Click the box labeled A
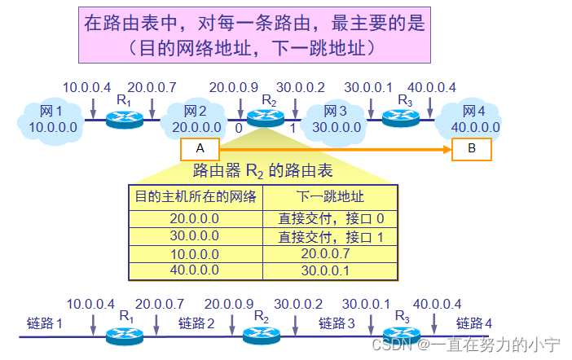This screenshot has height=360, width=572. pyautogui.click(x=200, y=148)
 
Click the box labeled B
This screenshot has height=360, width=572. pyautogui.click(x=472, y=148)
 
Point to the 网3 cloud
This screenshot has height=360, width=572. pyautogui.click(x=336, y=119)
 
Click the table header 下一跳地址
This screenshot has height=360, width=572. pyautogui.click(x=329, y=196)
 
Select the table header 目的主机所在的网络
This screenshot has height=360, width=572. pyautogui.click(x=195, y=196)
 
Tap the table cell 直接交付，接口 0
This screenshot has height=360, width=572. pyautogui.click(x=330, y=219)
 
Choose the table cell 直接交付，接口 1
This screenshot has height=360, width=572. pyautogui.click(x=330, y=236)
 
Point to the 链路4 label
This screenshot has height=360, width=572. pyautogui.click(x=473, y=323)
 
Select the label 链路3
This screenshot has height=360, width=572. pyautogui.click(x=337, y=323)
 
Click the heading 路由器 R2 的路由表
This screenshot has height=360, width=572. pyautogui.click(x=262, y=170)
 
